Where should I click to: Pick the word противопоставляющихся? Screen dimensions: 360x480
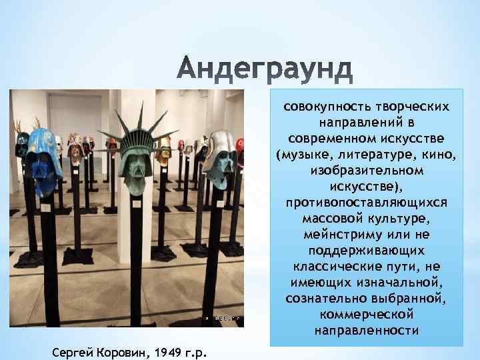tap(366, 201)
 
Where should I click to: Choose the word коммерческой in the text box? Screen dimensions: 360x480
tap(366, 314)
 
